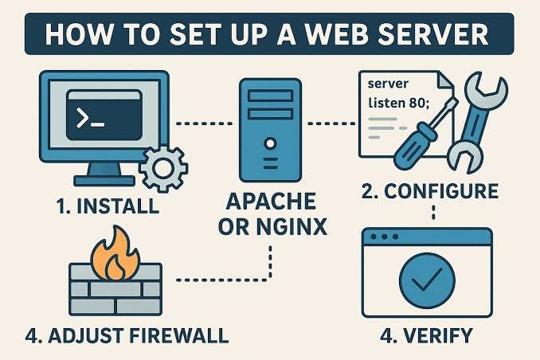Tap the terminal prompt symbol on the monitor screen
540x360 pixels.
pos(90,118)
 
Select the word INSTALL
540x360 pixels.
pos(118,206)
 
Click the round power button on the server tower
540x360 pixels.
pos(270,143)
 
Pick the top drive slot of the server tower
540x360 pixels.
pos(270,95)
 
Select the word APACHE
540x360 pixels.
pos(271,201)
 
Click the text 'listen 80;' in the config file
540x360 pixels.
pos(399,103)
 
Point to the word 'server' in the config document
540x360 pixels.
pos(388,84)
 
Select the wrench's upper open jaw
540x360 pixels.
pos(486,87)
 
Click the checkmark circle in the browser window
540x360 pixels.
pos(428,280)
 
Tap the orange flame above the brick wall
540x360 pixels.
pos(115,255)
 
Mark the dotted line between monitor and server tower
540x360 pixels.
pos(204,123)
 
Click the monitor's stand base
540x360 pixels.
pos(104,181)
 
